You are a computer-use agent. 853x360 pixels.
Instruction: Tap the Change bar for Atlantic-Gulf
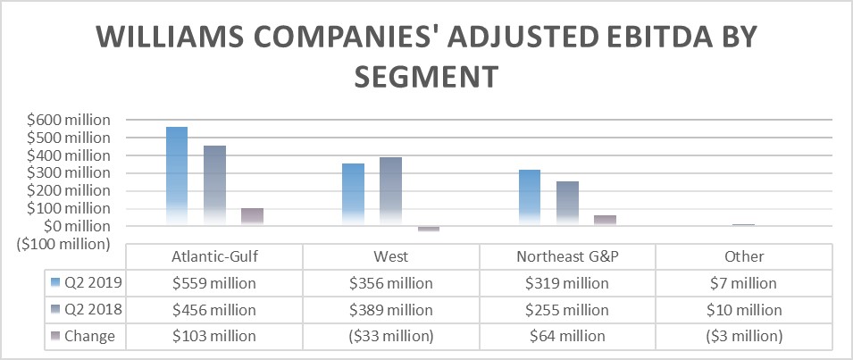pos(252,216)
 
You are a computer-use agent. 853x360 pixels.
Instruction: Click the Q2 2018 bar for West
pos(390,191)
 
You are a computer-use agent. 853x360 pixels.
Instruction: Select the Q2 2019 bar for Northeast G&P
pos(529,197)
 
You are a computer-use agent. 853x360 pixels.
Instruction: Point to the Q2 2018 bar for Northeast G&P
pos(567,203)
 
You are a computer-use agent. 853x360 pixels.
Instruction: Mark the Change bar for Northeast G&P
pos(605,220)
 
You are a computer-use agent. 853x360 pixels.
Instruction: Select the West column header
pos(391,256)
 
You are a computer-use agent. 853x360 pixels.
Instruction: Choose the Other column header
pos(744,256)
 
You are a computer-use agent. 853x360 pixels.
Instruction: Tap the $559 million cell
pos(213,283)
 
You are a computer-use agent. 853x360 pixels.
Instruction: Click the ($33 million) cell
pos(391,336)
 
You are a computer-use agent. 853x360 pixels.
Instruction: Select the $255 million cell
pos(567,310)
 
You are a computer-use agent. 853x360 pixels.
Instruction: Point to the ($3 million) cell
pos(744,336)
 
